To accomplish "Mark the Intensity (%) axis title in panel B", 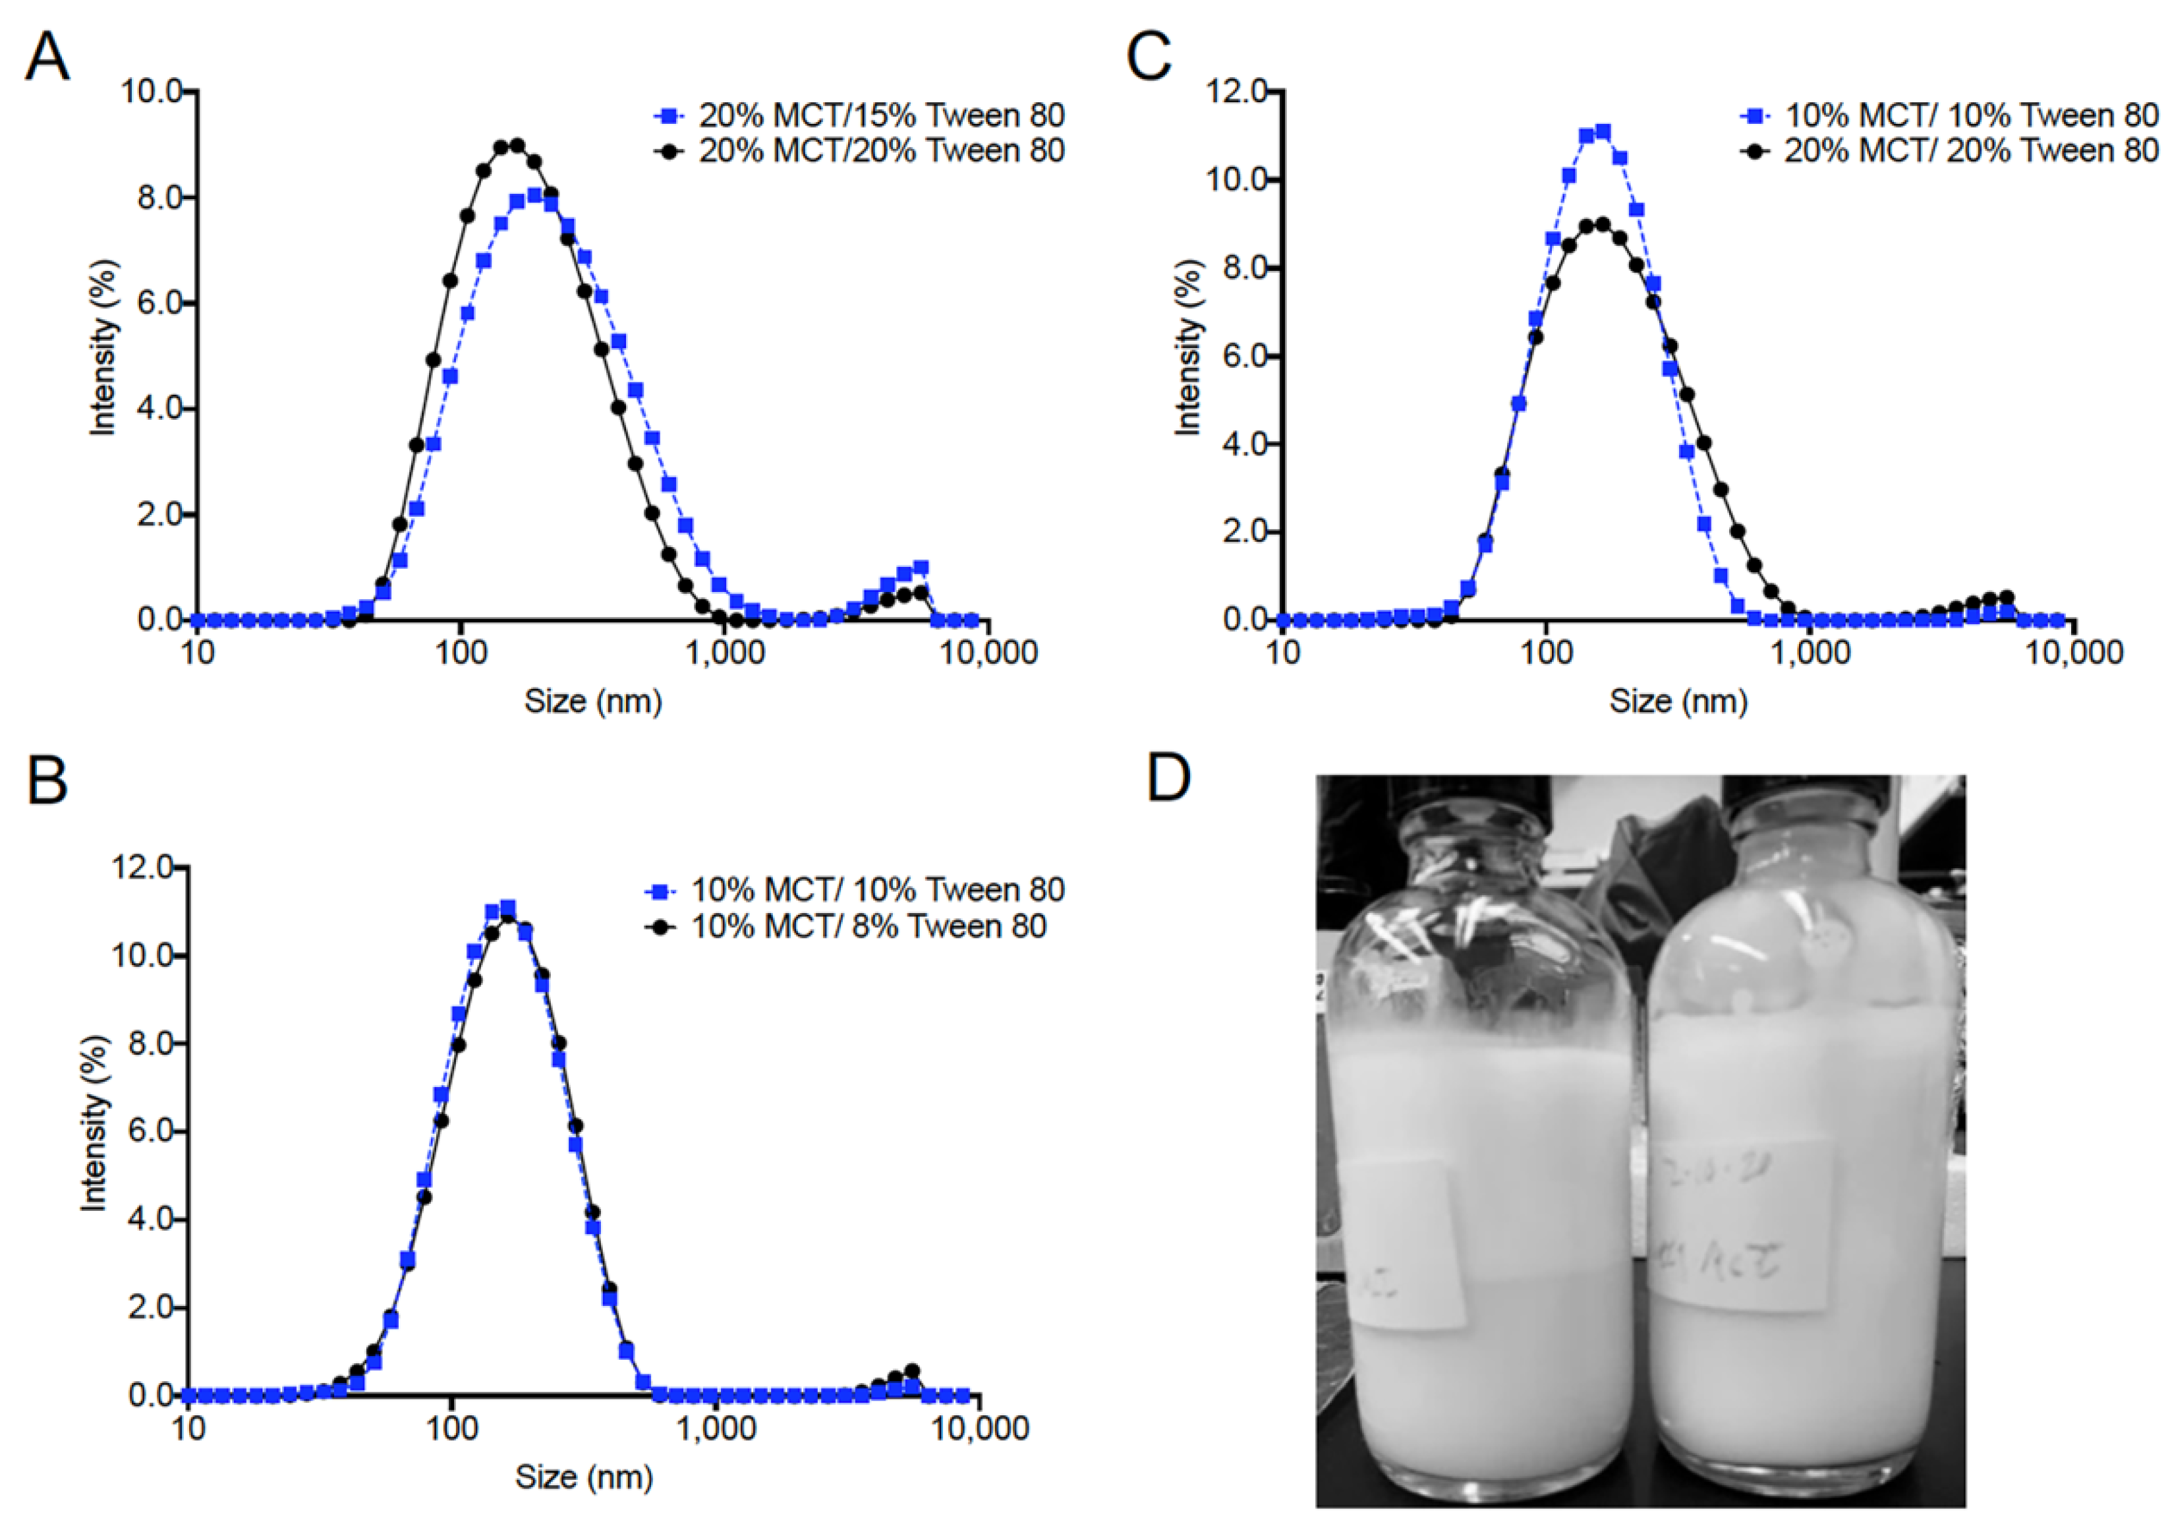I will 94,1123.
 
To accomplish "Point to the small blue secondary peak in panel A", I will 921,568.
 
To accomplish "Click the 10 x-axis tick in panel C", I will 1282,653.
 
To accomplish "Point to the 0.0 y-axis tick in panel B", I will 151,1395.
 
